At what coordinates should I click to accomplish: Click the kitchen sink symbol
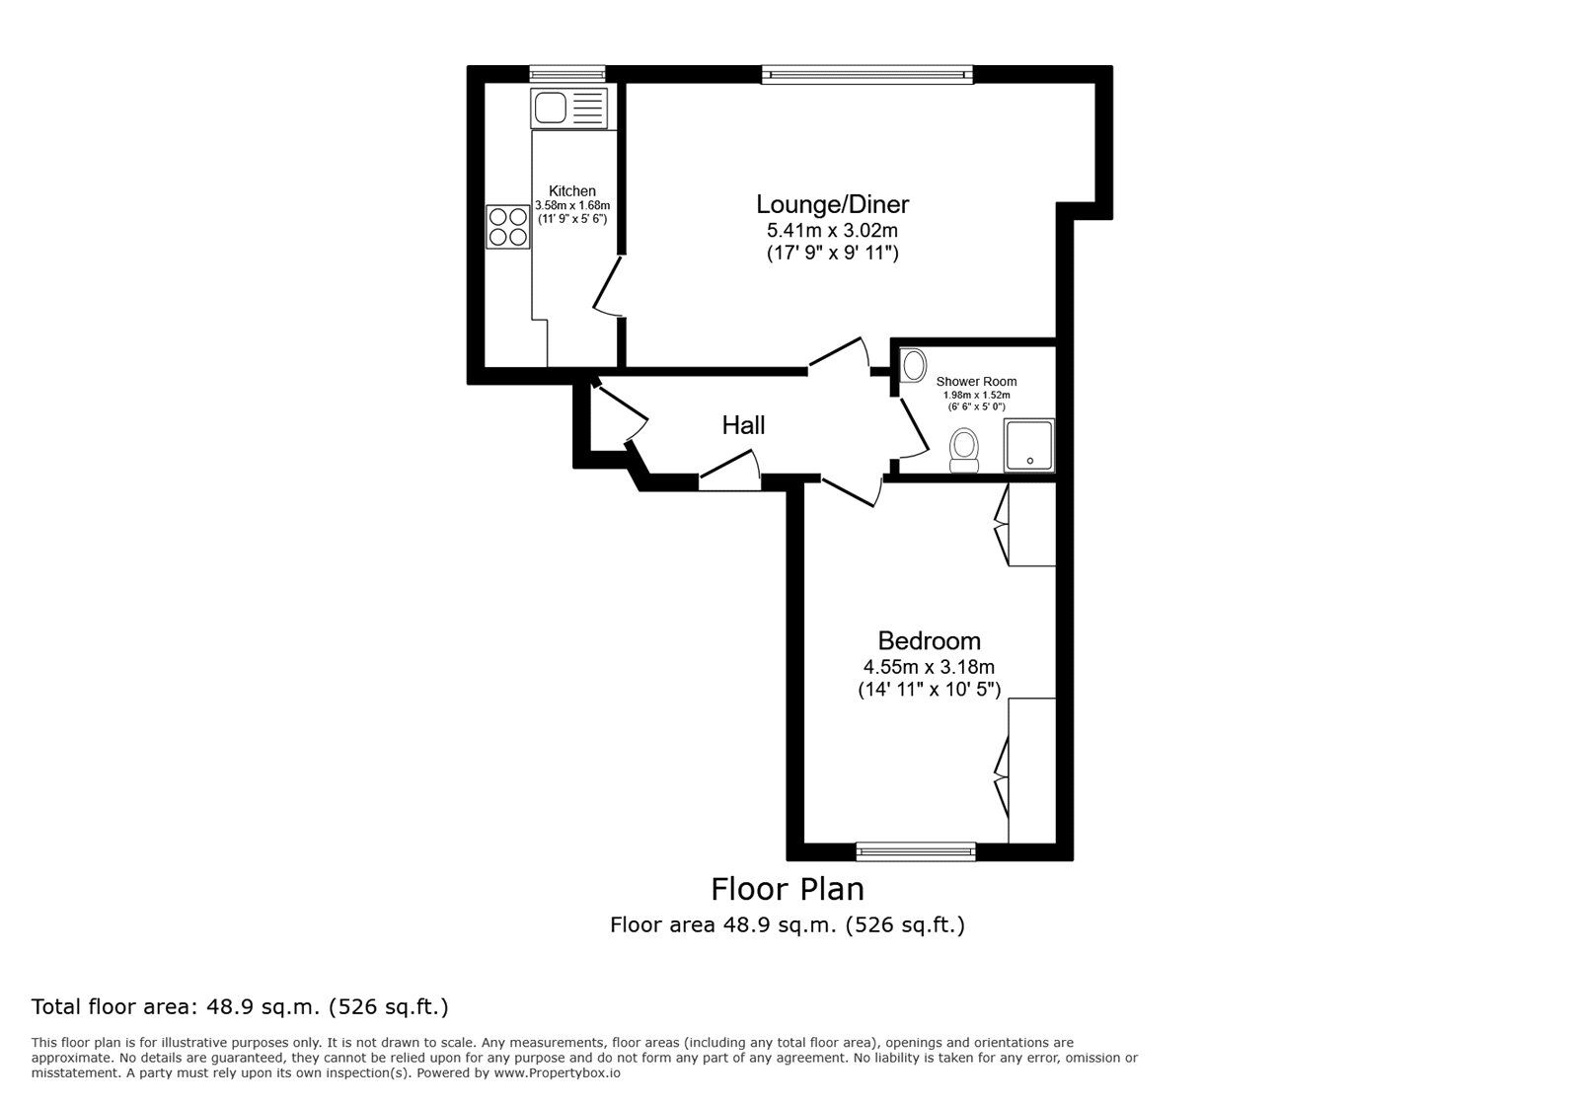coord(568,108)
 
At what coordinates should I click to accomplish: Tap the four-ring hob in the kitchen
coord(507,226)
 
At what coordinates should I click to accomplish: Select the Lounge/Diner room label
coord(832,204)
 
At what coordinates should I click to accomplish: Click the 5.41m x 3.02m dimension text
coord(832,230)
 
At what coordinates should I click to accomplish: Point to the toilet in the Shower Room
coord(963,450)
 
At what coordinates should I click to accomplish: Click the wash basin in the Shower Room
coord(914,365)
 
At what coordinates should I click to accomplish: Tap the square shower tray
coord(1029,445)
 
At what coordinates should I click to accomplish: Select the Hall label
coord(743,425)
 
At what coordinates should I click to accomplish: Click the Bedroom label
coord(929,640)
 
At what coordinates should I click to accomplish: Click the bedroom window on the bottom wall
coord(916,850)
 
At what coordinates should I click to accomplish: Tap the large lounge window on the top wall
coord(867,73)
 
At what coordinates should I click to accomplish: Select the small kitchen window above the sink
coord(566,73)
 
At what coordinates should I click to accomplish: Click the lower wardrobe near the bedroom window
coord(1031,771)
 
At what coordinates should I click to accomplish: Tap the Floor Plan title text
coord(788,889)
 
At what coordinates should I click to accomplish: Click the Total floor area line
coord(240,1007)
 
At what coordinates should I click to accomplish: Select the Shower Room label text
coord(976,382)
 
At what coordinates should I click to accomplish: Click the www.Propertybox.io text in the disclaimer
coord(557,1072)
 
